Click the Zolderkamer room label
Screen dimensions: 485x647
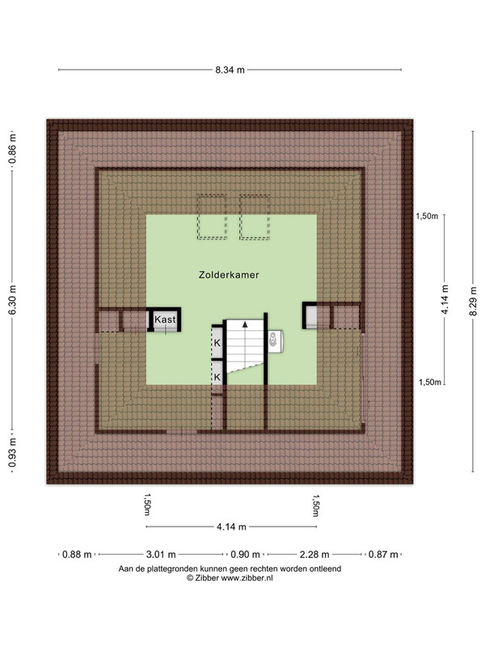[x=229, y=275]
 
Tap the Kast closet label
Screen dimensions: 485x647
[x=165, y=319]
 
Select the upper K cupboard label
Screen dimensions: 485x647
[x=217, y=343]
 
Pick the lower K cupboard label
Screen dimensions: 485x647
[x=217, y=377]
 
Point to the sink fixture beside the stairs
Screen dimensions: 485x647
[x=275, y=341]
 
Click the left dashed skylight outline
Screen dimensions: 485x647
[x=212, y=217]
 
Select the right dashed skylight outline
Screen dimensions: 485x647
[x=255, y=217]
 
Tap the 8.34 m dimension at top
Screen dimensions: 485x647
[x=230, y=70]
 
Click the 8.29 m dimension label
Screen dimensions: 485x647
[x=473, y=301]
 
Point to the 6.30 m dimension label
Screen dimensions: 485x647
[x=12, y=300]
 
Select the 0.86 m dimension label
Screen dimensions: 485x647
[x=12, y=149]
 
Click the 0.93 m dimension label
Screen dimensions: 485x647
[x=12, y=453]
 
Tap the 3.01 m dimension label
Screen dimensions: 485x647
[x=161, y=554]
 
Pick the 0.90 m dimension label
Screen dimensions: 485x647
[x=245, y=554]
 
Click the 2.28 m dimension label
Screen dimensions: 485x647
[x=314, y=554]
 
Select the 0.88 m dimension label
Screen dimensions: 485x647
[x=77, y=554]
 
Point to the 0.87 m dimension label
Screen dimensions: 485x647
[x=383, y=554]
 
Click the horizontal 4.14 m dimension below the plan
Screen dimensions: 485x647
[x=231, y=526]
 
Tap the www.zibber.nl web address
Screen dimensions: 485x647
[x=247, y=578]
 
